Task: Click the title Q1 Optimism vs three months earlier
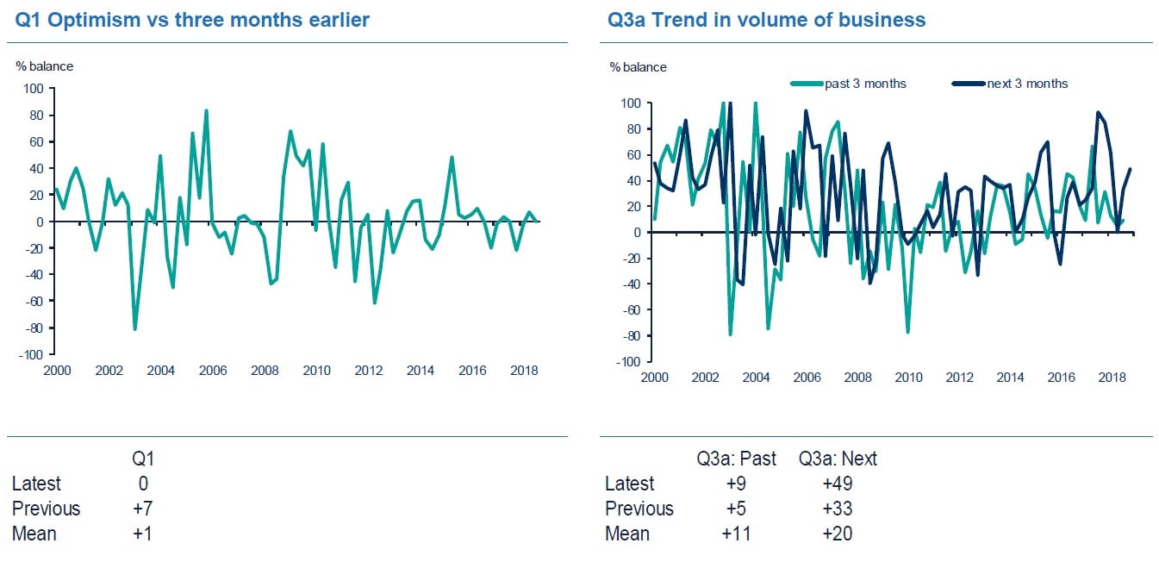click(192, 19)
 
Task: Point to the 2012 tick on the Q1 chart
click(369, 371)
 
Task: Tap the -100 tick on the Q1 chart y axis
click(31, 354)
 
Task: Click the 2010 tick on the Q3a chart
click(908, 378)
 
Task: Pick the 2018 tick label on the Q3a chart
click(1112, 378)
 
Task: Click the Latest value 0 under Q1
click(142, 484)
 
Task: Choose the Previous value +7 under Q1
click(142, 509)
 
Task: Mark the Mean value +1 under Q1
click(142, 534)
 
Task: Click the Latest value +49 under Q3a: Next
click(837, 484)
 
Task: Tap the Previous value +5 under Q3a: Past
click(736, 509)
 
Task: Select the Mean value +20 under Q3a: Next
click(837, 534)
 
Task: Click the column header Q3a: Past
click(736, 459)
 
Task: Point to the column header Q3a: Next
click(838, 459)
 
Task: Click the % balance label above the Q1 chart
click(44, 66)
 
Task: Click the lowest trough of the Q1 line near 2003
click(135, 329)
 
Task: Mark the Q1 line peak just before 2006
click(206, 110)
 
